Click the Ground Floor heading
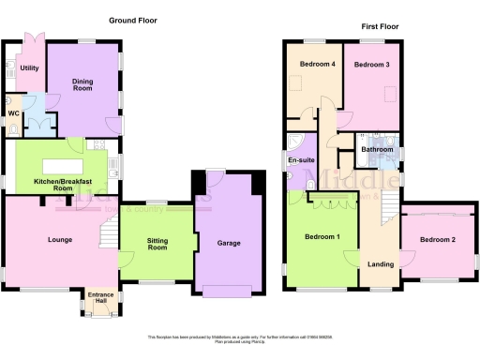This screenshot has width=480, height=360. coord(132,20)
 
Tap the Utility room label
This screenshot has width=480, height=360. coord(29,68)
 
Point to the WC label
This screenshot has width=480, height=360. coord(13,113)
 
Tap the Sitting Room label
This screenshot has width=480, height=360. coord(157,246)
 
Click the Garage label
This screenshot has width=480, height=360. coord(228,243)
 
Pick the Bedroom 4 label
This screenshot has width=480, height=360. coord(316,65)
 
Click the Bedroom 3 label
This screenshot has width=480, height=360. coord(372,65)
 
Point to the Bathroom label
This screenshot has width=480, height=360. coord(376,149)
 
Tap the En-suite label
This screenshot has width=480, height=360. coord(301,160)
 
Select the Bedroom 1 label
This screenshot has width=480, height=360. coord(322,236)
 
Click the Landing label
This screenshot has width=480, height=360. coord(381,264)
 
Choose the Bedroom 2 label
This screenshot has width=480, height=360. coord(437,240)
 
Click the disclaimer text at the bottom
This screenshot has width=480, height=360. coord(240,338)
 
